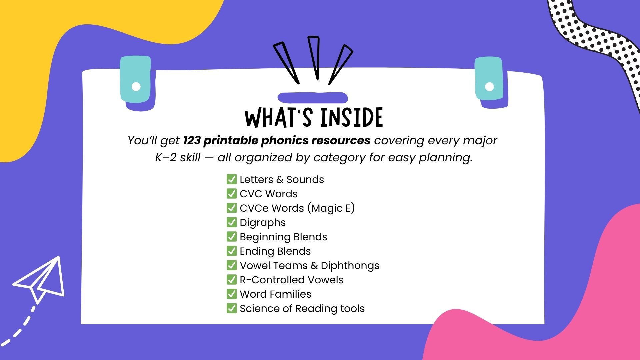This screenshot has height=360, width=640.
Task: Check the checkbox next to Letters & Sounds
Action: coord(231,179)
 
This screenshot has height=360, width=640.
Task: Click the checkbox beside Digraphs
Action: coord(231,222)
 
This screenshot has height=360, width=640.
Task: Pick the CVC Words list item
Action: coord(268,194)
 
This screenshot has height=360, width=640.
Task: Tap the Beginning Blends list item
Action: coord(283,237)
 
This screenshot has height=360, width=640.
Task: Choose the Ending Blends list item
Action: coord(275,251)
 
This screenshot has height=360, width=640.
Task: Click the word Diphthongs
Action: coord(350,265)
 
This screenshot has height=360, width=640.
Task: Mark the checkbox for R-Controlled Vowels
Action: coord(231,280)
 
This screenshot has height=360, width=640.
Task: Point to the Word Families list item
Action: coord(275,294)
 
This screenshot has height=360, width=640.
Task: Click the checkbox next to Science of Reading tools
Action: coord(231,308)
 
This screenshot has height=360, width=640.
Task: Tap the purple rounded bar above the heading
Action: coord(313,98)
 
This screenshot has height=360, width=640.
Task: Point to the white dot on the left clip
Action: coord(136,86)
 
